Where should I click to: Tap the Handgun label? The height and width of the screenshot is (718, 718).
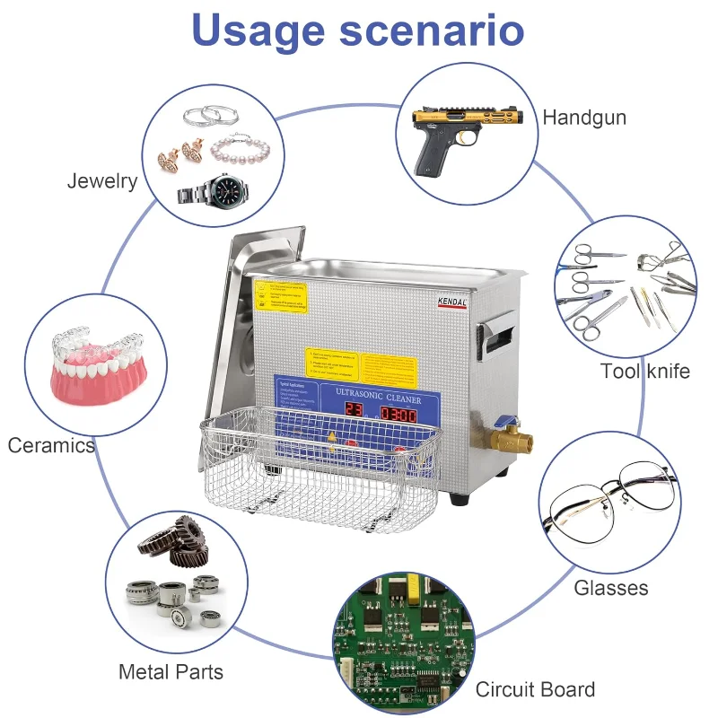click(x=584, y=118)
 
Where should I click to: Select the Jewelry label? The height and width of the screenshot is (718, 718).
click(x=102, y=181)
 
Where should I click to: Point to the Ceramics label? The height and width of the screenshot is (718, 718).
click(x=51, y=445)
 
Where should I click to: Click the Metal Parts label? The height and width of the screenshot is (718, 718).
click(x=171, y=671)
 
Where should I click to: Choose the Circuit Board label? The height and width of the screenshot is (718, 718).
click(x=535, y=689)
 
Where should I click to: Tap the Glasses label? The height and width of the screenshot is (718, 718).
click(x=611, y=588)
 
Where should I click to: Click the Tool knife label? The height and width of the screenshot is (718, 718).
click(x=645, y=371)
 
